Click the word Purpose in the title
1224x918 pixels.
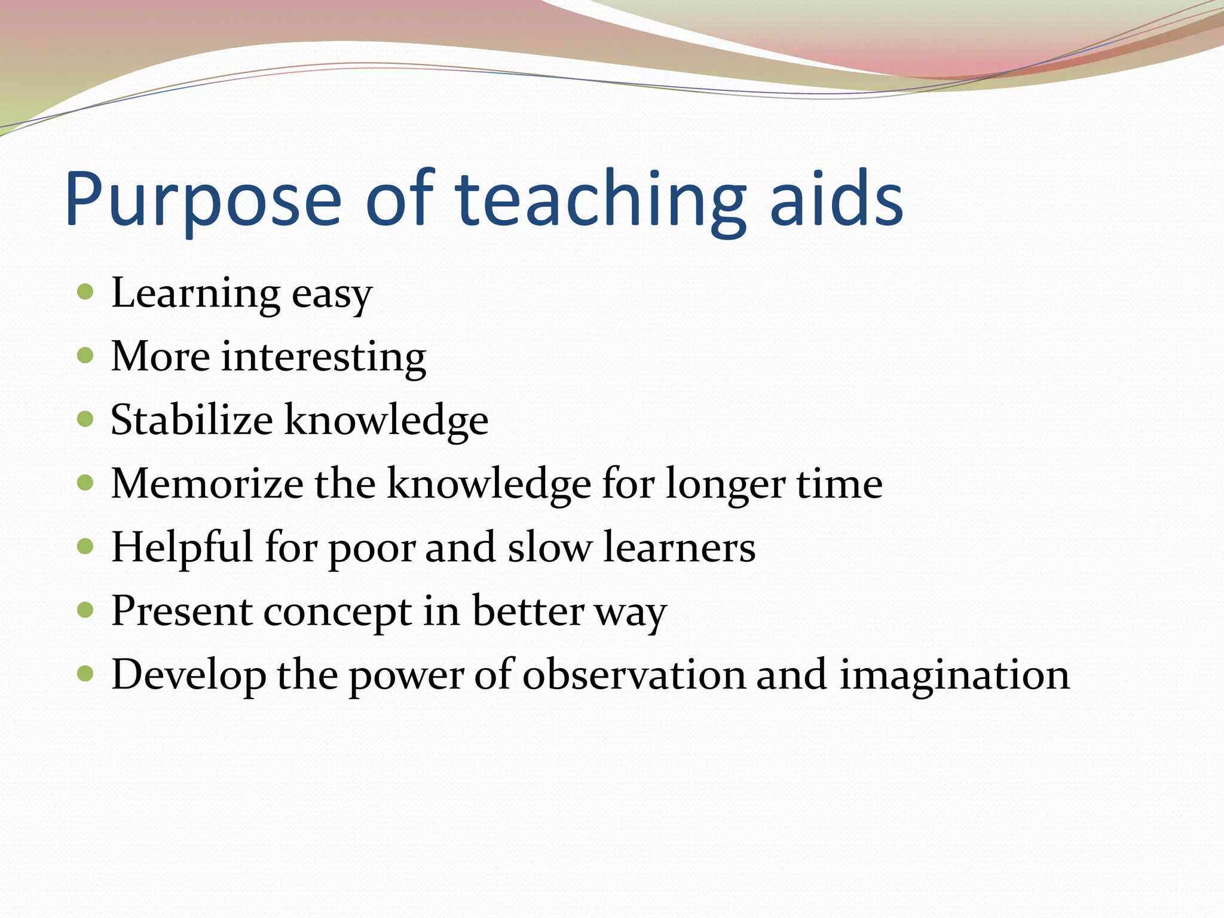(203, 200)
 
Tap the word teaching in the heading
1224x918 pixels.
(601, 200)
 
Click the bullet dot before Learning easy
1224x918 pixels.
(86, 292)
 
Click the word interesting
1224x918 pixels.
(323, 357)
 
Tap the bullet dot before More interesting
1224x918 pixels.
(86, 356)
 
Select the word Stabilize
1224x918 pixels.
(192, 420)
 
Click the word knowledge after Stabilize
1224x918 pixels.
(386, 421)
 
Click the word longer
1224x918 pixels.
(725, 485)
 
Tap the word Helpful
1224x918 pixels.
(182, 547)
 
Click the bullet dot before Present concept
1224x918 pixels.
(86, 610)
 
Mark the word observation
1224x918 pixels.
(634, 675)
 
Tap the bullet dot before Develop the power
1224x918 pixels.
(86, 674)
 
